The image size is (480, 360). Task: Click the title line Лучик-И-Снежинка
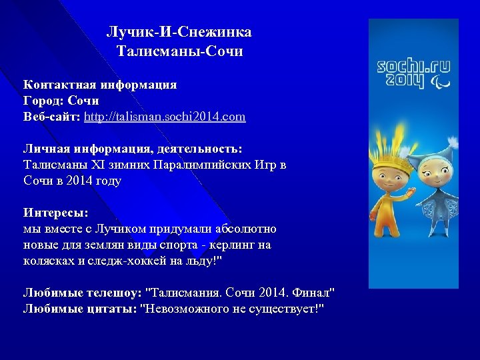pyautogui.click(x=179, y=32)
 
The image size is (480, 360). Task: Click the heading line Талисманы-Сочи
pyautogui.click(x=179, y=51)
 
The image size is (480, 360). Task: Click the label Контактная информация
pyautogui.click(x=100, y=85)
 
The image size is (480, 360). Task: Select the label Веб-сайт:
pyautogui.click(x=52, y=117)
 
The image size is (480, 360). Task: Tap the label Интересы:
pyautogui.click(x=56, y=213)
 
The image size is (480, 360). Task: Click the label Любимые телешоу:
pyautogui.click(x=83, y=293)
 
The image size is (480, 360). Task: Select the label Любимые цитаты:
pyautogui.click(x=79, y=309)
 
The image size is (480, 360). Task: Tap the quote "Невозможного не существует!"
pyautogui.click(x=231, y=309)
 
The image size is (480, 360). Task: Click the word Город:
pyautogui.click(x=42, y=101)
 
